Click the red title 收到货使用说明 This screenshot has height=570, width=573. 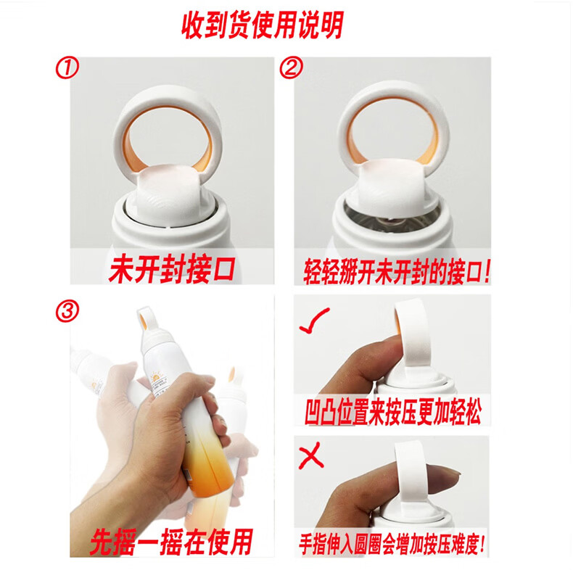(x=263, y=25)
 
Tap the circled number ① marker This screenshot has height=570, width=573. (x=67, y=68)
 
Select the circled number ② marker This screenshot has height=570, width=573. (x=291, y=67)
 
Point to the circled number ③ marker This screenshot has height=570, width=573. (x=67, y=311)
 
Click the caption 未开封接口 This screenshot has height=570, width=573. (x=172, y=269)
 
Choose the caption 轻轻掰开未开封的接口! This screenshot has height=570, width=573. (x=396, y=271)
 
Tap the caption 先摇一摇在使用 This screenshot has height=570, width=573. (x=171, y=542)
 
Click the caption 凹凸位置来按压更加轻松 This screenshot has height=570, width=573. (x=392, y=411)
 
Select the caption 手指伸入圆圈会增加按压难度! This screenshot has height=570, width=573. (x=392, y=544)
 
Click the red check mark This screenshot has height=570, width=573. (x=313, y=321)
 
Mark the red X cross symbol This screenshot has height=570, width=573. (x=311, y=455)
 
